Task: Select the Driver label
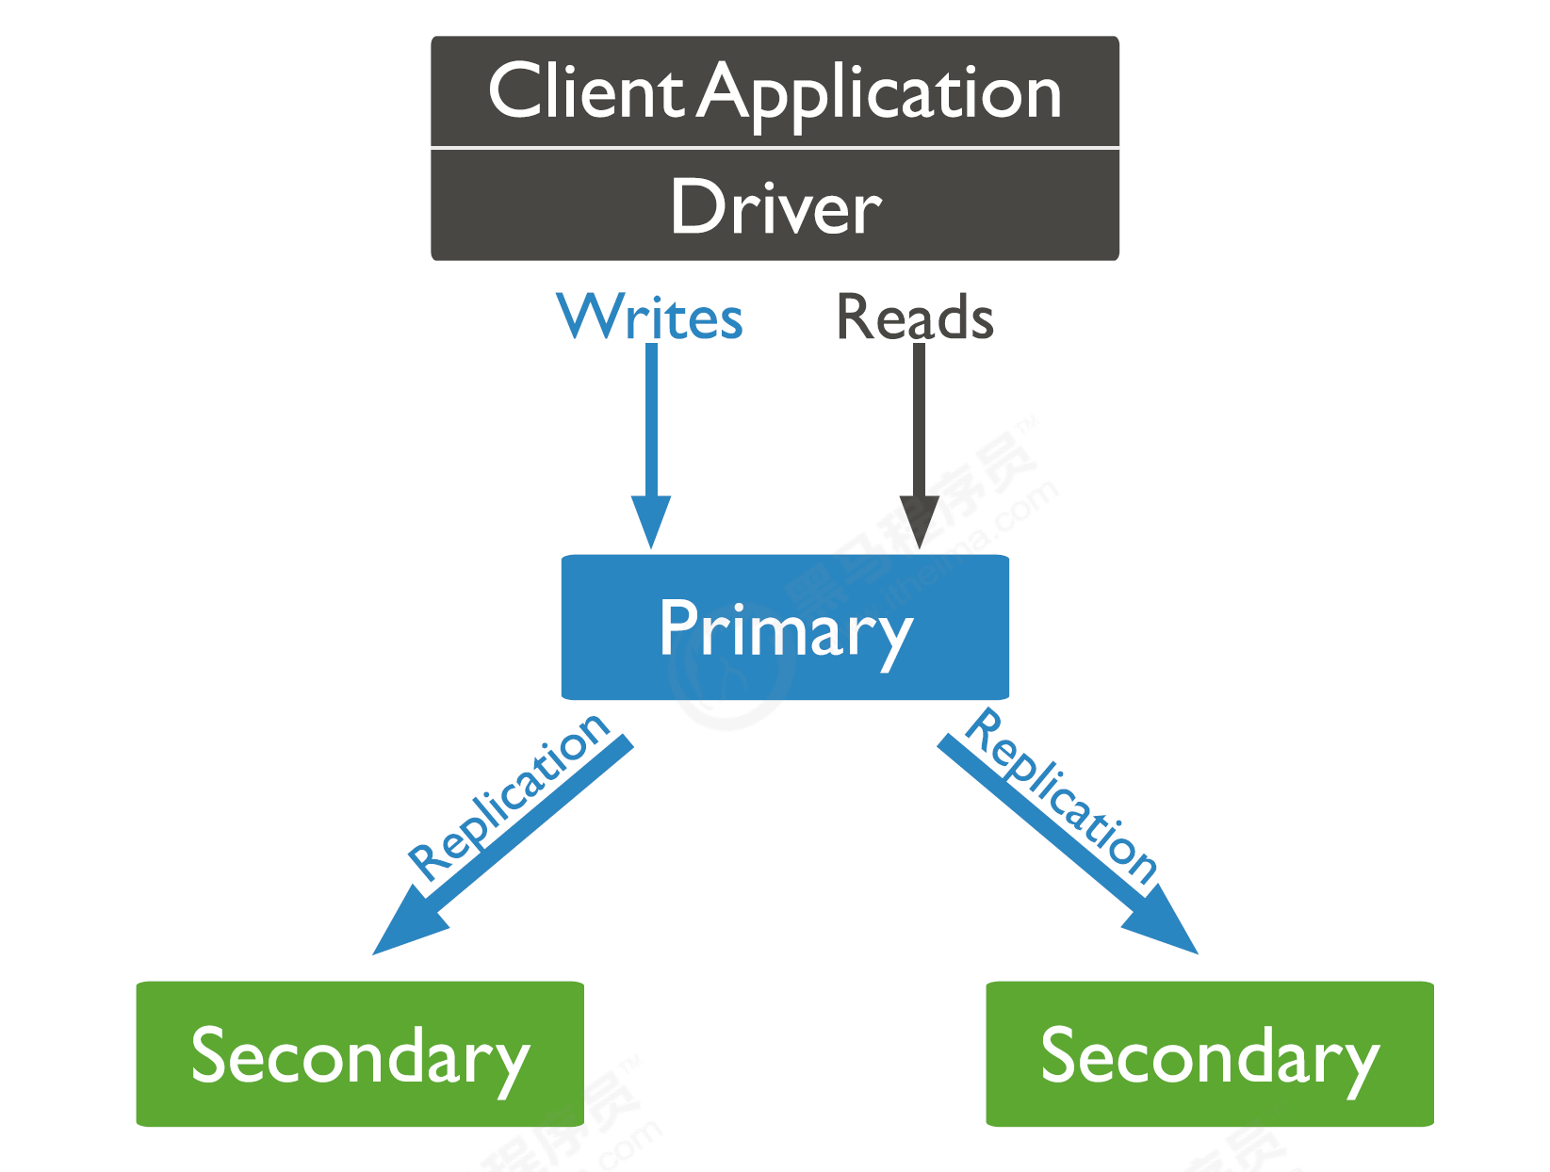coord(775,207)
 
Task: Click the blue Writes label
coord(650,317)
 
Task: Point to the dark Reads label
coord(915,317)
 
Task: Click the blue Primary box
coord(785,627)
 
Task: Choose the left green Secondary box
coord(360,1053)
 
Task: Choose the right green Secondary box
coord(1210,1053)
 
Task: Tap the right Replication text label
coord(1063,796)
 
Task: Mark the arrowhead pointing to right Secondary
coord(1164,923)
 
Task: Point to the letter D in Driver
coord(694,206)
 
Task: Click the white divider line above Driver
coord(775,148)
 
